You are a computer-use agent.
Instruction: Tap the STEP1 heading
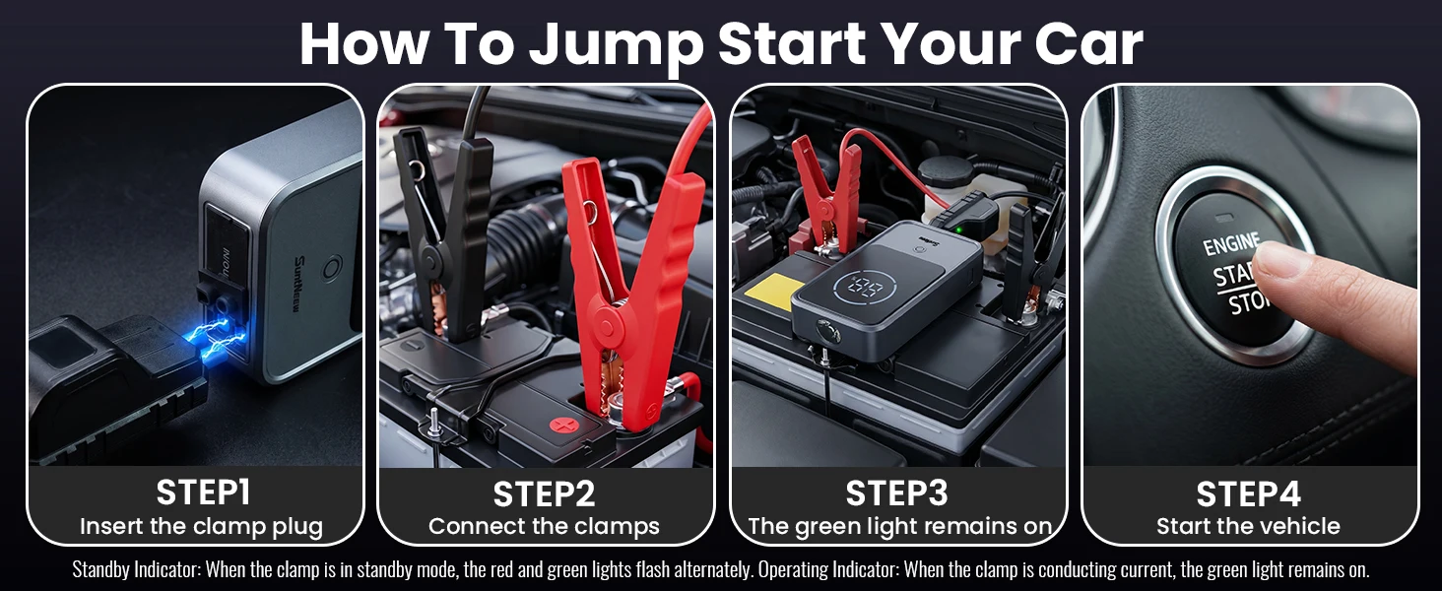point(203,492)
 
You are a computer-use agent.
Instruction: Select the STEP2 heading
point(544,494)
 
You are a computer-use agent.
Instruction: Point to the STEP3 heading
point(896,493)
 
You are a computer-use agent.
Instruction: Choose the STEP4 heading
point(1248,494)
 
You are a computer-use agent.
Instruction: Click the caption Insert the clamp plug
point(202,527)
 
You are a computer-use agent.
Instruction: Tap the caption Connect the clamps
point(544,527)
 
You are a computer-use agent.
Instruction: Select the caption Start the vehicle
point(1248,527)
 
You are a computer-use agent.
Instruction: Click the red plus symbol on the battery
point(564,425)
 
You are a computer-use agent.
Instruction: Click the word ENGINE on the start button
point(1231,243)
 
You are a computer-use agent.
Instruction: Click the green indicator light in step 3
point(959,229)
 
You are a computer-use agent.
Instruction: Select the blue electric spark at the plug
point(213,335)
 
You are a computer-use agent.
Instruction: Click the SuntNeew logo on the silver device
point(299,285)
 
